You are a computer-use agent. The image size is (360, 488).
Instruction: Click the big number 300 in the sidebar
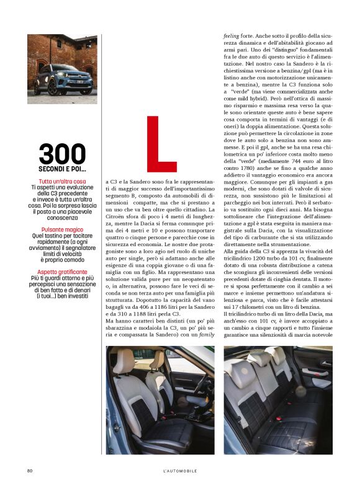click(62, 154)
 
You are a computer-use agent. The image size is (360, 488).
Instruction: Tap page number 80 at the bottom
click(30, 471)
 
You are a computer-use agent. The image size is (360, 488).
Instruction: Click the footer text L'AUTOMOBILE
click(176, 471)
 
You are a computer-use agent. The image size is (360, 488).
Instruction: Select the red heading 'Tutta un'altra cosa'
click(62, 181)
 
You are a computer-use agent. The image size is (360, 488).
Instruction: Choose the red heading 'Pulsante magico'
click(62, 229)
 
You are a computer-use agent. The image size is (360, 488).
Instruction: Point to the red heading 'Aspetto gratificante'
click(62, 272)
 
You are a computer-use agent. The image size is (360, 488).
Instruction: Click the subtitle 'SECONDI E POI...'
click(62, 169)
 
